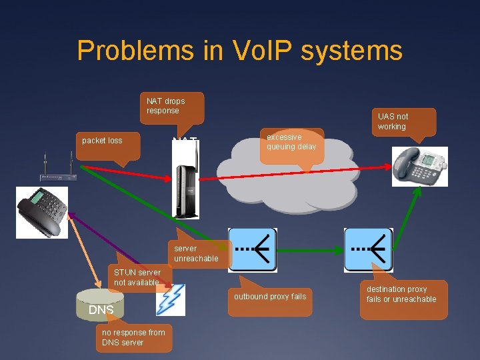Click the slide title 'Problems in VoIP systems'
239,51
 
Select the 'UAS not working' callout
404,122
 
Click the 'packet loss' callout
108,143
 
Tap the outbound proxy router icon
253,250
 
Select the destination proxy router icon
368,250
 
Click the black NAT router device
186,190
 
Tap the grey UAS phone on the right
419,164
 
